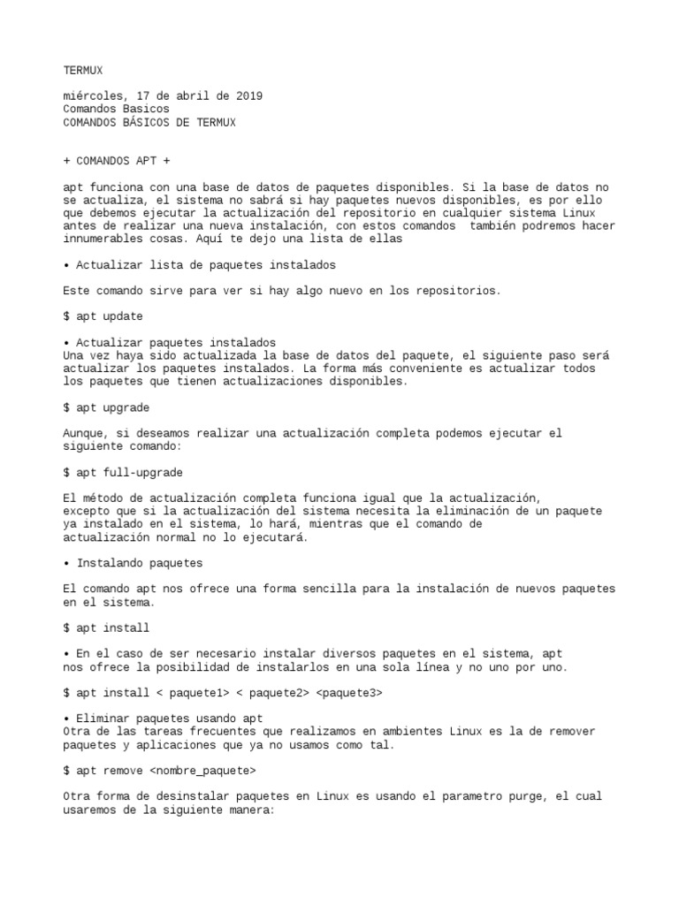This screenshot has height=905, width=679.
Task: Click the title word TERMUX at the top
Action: point(83,70)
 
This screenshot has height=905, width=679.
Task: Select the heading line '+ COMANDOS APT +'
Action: point(118,162)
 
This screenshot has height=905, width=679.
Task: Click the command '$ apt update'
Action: point(103,316)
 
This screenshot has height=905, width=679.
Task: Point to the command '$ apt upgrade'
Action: point(106,407)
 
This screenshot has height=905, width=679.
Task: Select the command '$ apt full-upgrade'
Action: point(123,473)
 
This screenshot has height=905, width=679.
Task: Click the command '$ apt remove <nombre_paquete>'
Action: point(160,771)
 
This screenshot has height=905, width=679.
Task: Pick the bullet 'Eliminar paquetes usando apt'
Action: point(169,719)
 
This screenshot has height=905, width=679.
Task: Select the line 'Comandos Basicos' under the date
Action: point(116,109)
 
